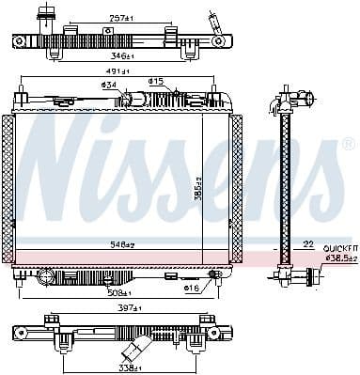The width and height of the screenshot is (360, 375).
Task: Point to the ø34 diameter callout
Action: pyautogui.click(x=109, y=87)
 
